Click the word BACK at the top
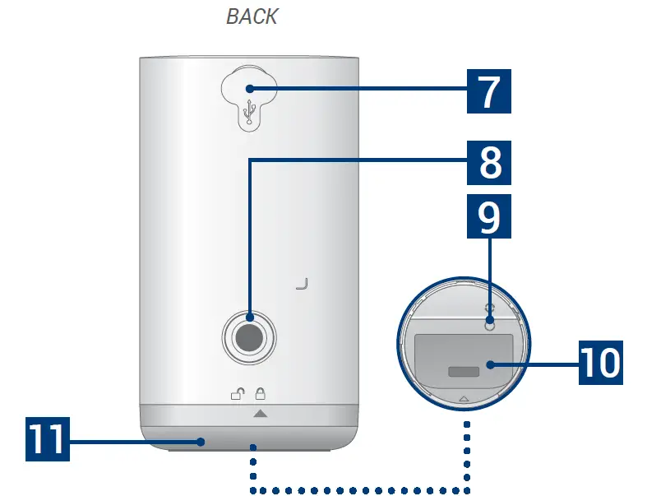pyautogui.click(x=252, y=16)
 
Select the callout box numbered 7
pyautogui.click(x=489, y=92)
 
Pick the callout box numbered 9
pyautogui.click(x=489, y=216)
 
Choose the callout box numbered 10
pyautogui.click(x=600, y=362)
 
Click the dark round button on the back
pyautogui.click(x=249, y=336)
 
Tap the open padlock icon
pyautogui.click(x=238, y=393)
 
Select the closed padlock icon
pyautogui.click(x=260, y=393)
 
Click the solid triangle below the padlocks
pyautogui.click(x=260, y=414)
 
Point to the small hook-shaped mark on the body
pyautogui.click(x=302, y=285)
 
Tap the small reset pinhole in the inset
pyautogui.click(x=490, y=325)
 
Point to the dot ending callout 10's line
pyautogui.click(x=490, y=363)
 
